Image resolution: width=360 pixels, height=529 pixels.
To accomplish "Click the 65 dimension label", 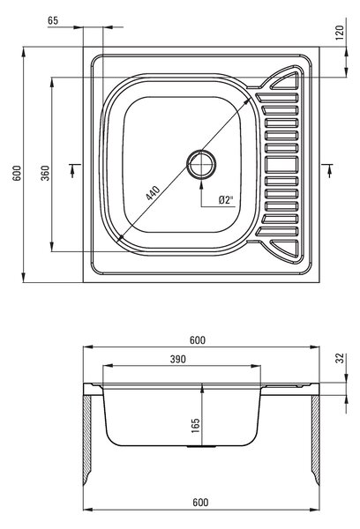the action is tap(53, 20).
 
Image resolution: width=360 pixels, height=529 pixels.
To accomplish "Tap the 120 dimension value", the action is tap(340, 33).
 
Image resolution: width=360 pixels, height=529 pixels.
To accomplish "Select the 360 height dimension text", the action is tap(45, 173).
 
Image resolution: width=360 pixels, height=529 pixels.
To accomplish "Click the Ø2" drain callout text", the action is tap(226, 200).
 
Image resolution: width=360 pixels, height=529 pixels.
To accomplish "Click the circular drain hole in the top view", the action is tap(201, 164).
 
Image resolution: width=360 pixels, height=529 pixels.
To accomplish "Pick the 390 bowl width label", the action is tap(178, 360).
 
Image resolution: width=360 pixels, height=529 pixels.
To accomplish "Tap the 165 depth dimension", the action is tap(196, 426).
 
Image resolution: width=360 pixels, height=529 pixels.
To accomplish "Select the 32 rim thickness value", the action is tap(340, 358).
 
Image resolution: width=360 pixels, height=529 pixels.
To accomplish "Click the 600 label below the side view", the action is tap(200, 503).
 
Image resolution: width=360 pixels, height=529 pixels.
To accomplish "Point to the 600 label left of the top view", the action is tap(17, 173).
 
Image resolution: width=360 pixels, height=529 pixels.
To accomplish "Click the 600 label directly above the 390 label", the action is tap(198, 340).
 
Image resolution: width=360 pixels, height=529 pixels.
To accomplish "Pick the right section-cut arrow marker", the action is tap(327, 170).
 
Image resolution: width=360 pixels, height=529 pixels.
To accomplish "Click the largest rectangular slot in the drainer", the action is tap(281, 165).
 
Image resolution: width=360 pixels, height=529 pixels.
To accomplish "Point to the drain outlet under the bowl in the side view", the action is tap(201, 447).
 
